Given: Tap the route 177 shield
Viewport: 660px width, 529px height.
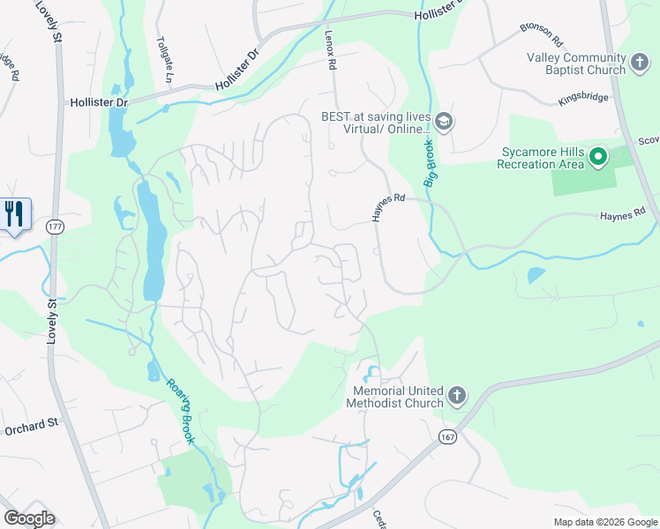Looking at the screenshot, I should (54, 226).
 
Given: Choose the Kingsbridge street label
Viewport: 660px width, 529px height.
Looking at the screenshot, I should (583, 98).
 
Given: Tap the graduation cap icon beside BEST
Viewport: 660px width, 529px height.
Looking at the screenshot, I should (444, 121).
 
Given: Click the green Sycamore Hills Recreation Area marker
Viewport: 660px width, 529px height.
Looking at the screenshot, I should (599, 158).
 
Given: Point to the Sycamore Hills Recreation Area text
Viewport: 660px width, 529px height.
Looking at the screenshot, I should (540, 158).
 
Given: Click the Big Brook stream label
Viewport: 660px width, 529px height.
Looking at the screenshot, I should (431, 163).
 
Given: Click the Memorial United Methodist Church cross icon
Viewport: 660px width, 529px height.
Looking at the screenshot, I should (456, 397).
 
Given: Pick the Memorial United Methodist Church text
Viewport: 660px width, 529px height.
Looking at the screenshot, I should (398, 397).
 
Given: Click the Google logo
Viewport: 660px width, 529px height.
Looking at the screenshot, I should (29, 518).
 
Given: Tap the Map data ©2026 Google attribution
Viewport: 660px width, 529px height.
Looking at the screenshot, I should (604, 522).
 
